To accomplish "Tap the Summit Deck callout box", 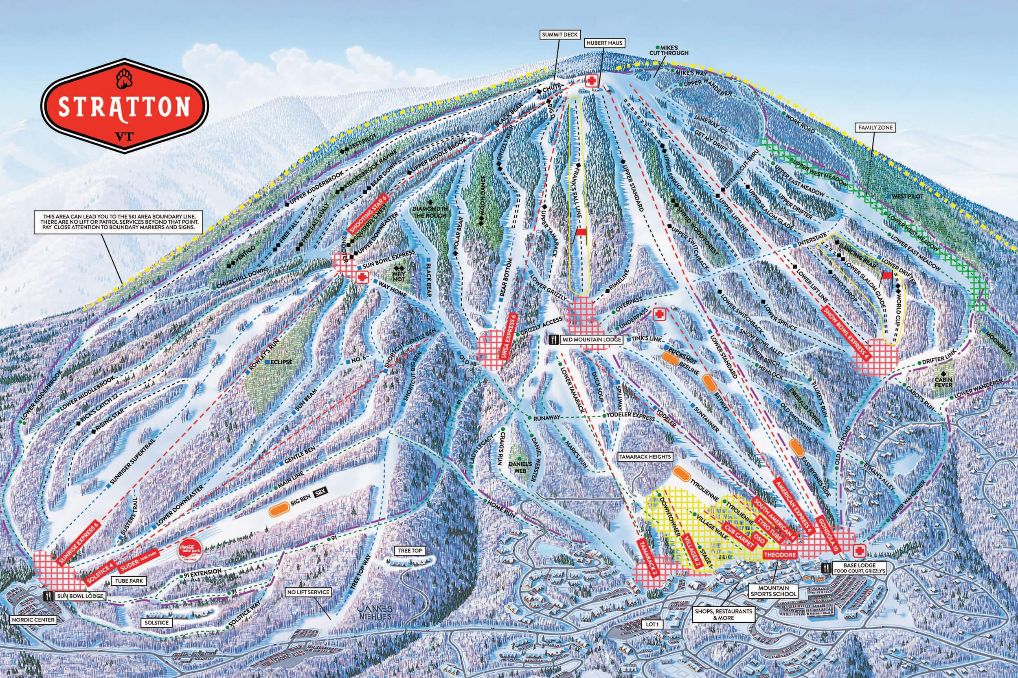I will coord(559,35).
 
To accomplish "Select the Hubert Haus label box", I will coord(604,43).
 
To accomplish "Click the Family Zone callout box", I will coord(875,128).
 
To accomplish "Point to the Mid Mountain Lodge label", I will coord(591,340).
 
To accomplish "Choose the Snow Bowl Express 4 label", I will coord(846,333).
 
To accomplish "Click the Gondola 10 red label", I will coord(828,534).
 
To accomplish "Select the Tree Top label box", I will coord(410,550).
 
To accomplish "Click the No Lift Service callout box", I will coord(308,592).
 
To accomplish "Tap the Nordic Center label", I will coord(33,619).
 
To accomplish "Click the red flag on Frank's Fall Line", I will coord(580,232).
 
